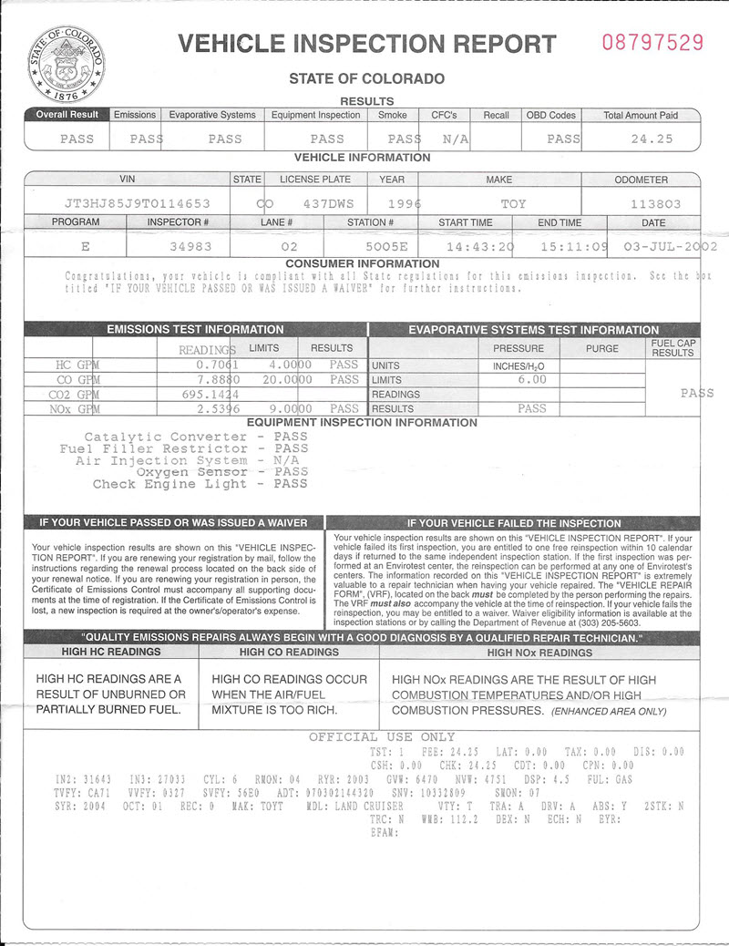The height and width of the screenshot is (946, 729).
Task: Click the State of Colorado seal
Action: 66,63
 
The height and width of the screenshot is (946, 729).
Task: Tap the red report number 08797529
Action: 653,42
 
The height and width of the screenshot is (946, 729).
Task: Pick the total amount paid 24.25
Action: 652,139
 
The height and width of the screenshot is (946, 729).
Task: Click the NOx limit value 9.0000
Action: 288,409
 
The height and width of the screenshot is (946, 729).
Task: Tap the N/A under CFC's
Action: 455,139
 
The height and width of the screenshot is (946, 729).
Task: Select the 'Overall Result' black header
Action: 67,115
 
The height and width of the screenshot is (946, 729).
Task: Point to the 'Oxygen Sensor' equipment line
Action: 191,472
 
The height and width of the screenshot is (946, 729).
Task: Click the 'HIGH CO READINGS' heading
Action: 289,653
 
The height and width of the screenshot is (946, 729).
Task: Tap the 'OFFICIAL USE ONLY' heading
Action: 382,736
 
